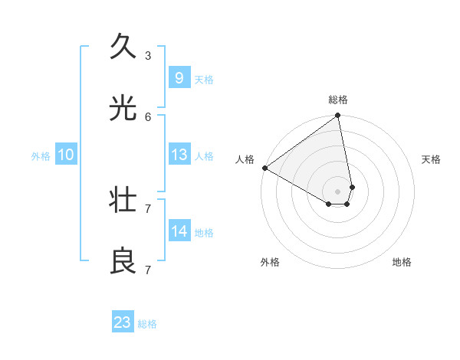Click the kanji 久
(x=123, y=47)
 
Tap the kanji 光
(x=123, y=108)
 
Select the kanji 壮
(x=123, y=200)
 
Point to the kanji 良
(x=123, y=261)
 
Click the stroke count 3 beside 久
(x=148, y=55)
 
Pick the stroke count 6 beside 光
(x=148, y=116)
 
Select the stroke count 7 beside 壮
(x=148, y=208)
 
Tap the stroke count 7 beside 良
(x=148, y=270)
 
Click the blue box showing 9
(x=179, y=77)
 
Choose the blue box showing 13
(x=179, y=155)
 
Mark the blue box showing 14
(x=179, y=231)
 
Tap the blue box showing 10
(x=66, y=155)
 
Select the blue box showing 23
(x=123, y=322)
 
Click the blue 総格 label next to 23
(x=148, y=324)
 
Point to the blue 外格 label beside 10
(x=41, y=156)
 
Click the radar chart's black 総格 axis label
(x=338, y=100)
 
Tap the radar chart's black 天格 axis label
(x=432, y=159)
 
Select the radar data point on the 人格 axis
(x=264, y=168)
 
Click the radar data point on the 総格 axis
(x=338, y=116)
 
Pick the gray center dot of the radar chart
(x=338, y=191)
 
